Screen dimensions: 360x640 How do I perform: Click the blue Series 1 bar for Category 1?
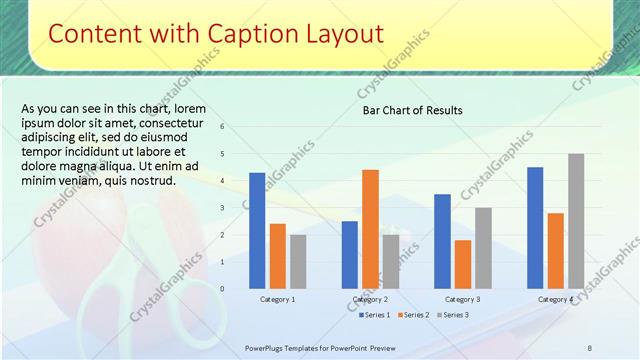[x=257, y=231]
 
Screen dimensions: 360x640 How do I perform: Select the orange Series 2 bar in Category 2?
[x=370, y=229]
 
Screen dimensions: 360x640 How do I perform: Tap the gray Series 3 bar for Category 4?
[x=576, y=221]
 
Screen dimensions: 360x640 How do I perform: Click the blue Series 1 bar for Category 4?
[x=535, y=228]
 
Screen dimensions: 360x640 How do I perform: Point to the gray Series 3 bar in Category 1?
[x=298, y=262]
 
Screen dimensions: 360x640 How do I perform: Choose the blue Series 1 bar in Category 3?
[x=442, y=241]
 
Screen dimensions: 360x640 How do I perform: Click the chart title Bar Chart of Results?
[x=412, y=110]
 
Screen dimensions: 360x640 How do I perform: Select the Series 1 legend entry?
[x=375, y=315]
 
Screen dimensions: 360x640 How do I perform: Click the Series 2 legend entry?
[x=413, y=315]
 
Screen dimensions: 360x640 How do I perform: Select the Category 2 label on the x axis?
[x=370, y=299]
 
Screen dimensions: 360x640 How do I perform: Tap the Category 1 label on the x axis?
[x=277, y=299]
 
